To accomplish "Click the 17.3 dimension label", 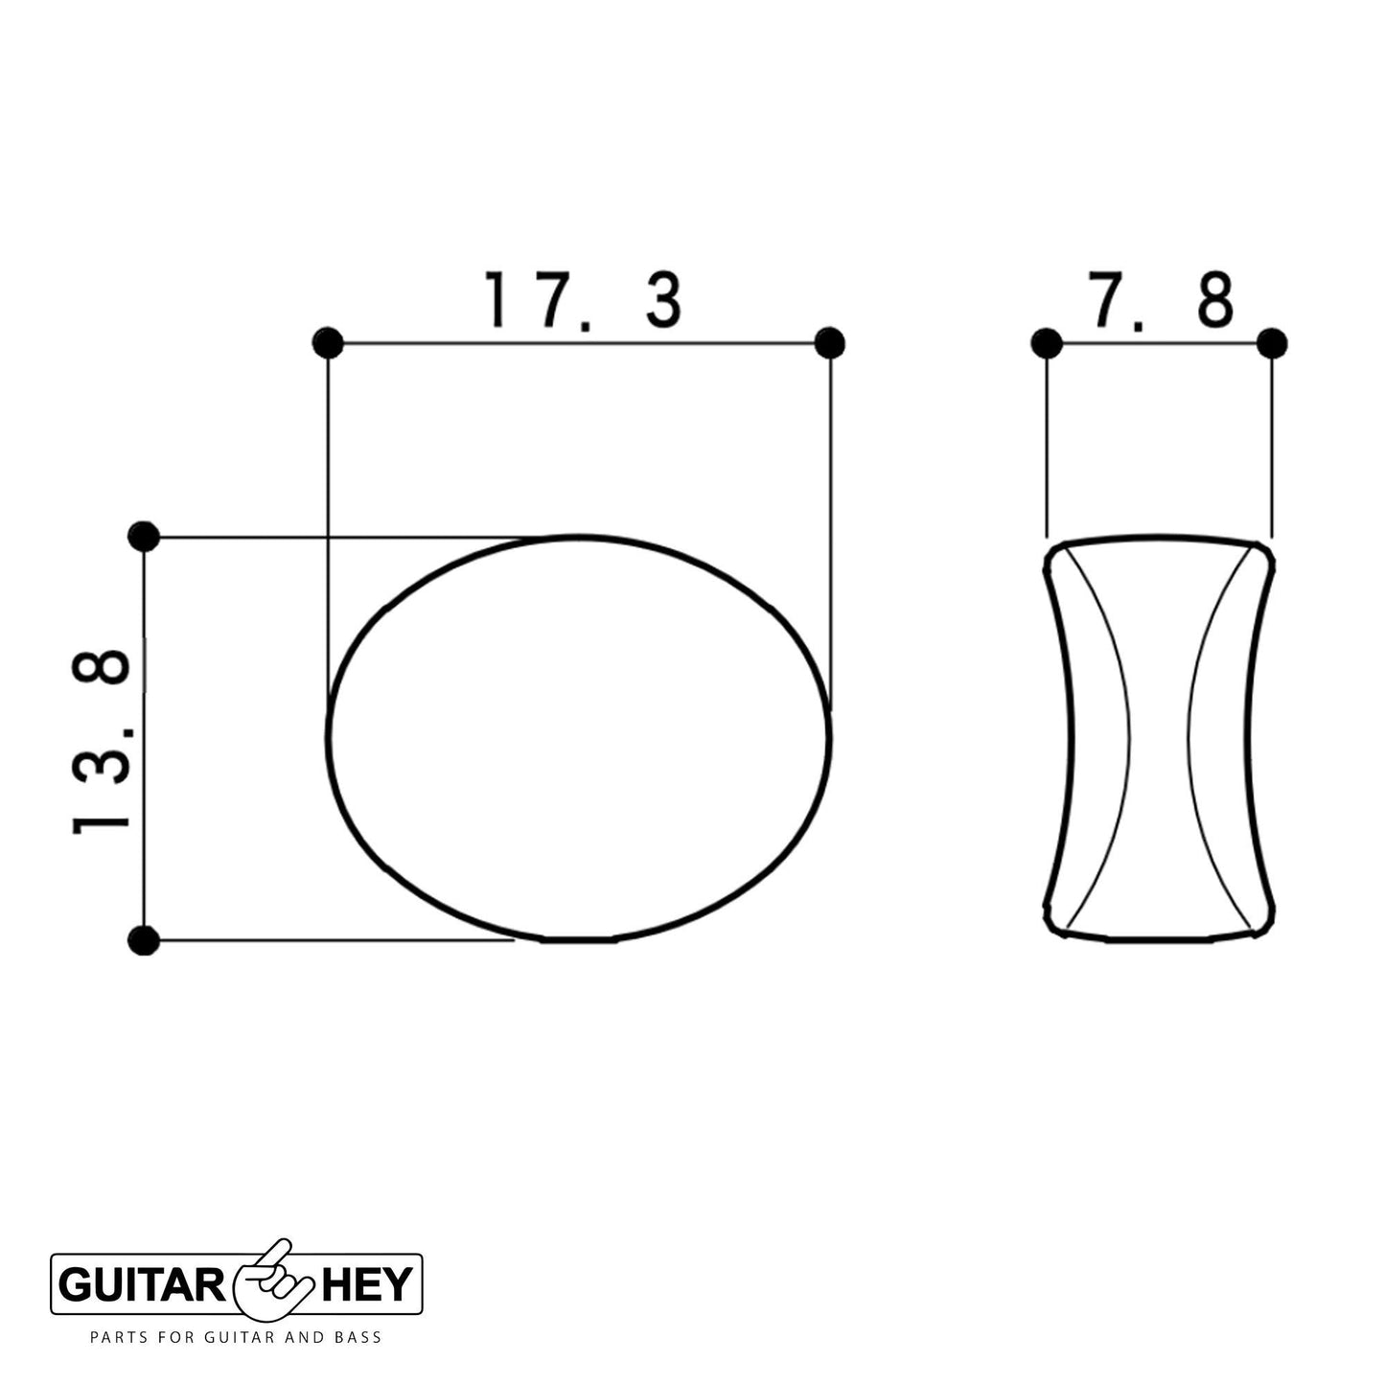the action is click(x=583, y=300).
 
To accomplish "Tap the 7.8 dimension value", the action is click(x=1162, y=300).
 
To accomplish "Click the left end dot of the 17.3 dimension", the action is click(x=328, y=342).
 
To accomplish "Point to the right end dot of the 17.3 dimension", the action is click(x=830, y=342).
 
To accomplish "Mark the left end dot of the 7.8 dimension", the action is click(x=1046, y=342).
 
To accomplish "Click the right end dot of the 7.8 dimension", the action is click(x=1272, y=342).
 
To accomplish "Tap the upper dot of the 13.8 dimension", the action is click(x=144, y=536).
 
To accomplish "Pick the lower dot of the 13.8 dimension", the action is click(x=144, y=939).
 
